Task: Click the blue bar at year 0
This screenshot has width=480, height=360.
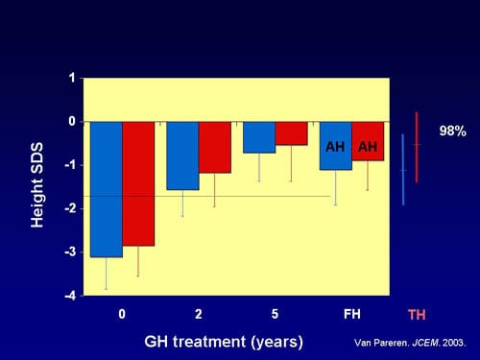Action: pyautogui.click(x=106, y=189)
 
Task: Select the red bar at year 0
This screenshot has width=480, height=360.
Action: pyautogui.click(x=137, y=183)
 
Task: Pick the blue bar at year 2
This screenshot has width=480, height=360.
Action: pyautogui.click(x=182, y=156)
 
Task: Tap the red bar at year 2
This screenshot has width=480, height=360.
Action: pyautogui.click(x=214, y=147)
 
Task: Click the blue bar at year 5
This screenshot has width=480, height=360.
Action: pyautogui.click(x=259, y=137)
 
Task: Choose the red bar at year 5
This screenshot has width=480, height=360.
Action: pyautogui.click(x=291, y=133)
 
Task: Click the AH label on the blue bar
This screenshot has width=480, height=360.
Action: pyautogui.click(x=335, y=147)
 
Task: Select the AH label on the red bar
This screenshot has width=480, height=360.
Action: pyautogui.click(x=367, y=147)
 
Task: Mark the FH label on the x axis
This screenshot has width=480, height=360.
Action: pyautogui.click(x=350, y=314)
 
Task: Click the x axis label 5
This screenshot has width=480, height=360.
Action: pyautogui.click(x=275, y=314)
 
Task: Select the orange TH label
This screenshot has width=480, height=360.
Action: pyautogui.click(x=417, y=315)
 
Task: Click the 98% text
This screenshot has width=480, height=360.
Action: pyautogui.click(x=452, y=131)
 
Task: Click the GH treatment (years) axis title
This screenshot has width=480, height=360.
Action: pyautogui.click(x=224, y=341)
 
